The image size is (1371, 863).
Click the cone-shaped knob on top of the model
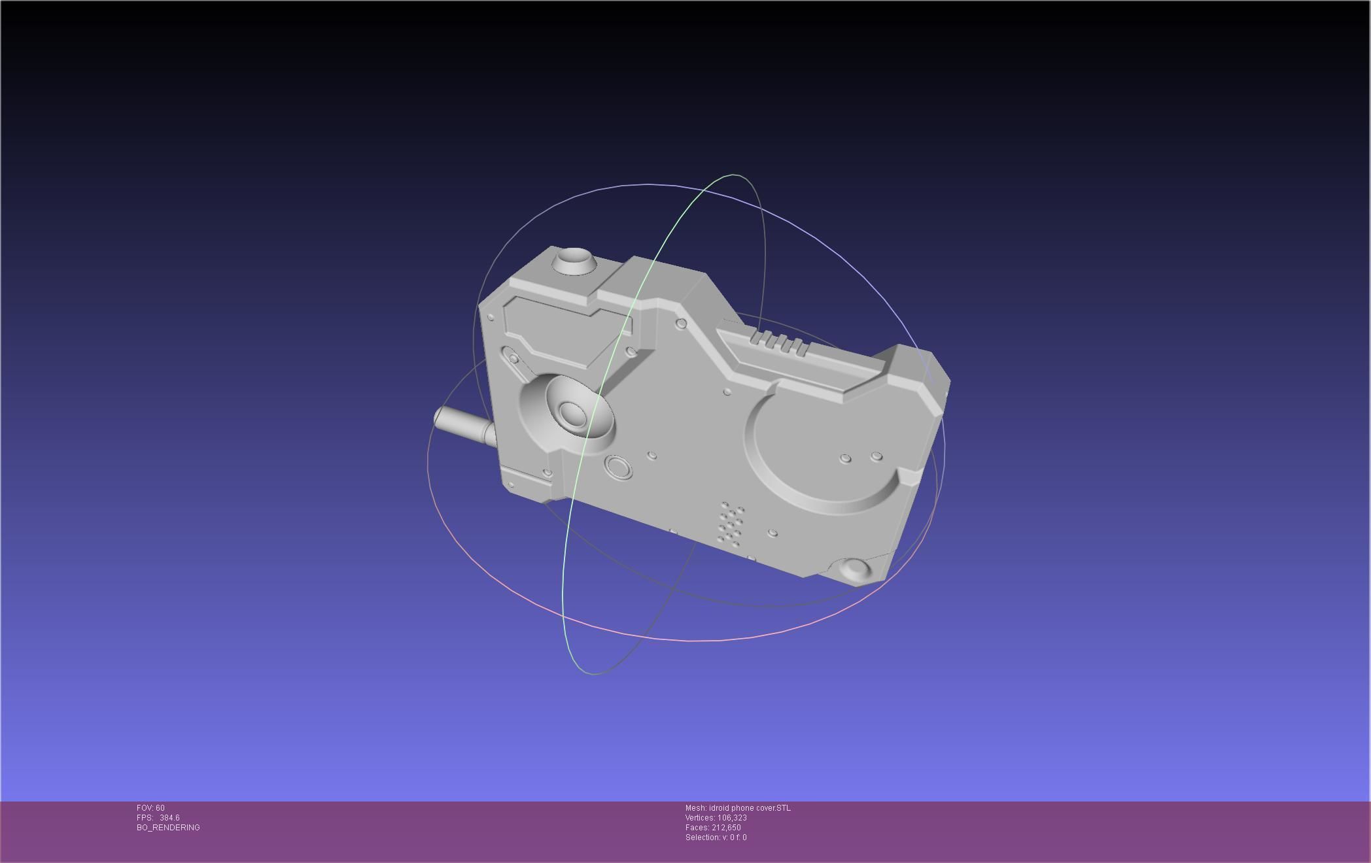tap(574, 261)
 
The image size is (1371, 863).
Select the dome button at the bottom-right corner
tap(856, 568)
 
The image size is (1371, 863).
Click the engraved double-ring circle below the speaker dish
tap(617, 467)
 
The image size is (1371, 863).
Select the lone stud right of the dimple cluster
tap(772, 533)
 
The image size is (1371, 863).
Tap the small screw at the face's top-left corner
tap(491, 317)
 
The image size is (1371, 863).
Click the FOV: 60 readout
tap(150, 808)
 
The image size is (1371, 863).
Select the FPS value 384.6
tap(169, 818)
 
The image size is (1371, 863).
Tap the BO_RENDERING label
tap(168, 828)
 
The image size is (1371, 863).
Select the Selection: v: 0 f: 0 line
tap(716, 838)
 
